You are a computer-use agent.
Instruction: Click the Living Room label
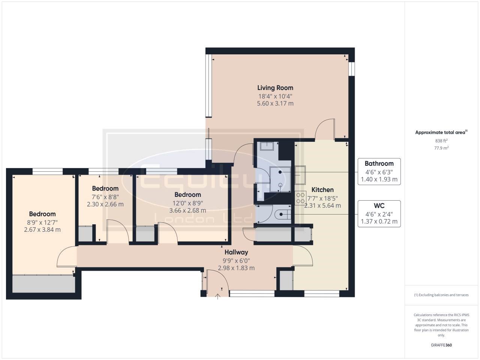[275, 88]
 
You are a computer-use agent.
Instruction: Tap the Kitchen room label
[322, 190]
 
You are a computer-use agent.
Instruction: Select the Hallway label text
[236, 252]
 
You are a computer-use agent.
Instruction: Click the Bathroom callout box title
[379, 163]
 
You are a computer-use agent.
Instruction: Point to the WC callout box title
[379, 206]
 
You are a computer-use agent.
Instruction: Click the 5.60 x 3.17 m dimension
[275, 103]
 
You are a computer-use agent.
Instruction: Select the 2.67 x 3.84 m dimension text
[42, 229]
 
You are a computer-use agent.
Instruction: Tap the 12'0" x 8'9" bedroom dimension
[187, 203]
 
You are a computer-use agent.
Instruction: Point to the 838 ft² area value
[441, 141]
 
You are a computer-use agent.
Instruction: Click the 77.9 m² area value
[441, 148]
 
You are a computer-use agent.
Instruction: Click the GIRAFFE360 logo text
[441, 345]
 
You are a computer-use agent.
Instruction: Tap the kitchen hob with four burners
[300, 198]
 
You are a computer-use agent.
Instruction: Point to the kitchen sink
[300, 175]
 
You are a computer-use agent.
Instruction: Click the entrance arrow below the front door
[218, 297]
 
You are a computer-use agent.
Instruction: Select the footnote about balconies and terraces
[441, 295]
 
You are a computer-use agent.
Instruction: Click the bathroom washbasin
[267, 145]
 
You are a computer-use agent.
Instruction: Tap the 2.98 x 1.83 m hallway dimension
[236, 268]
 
